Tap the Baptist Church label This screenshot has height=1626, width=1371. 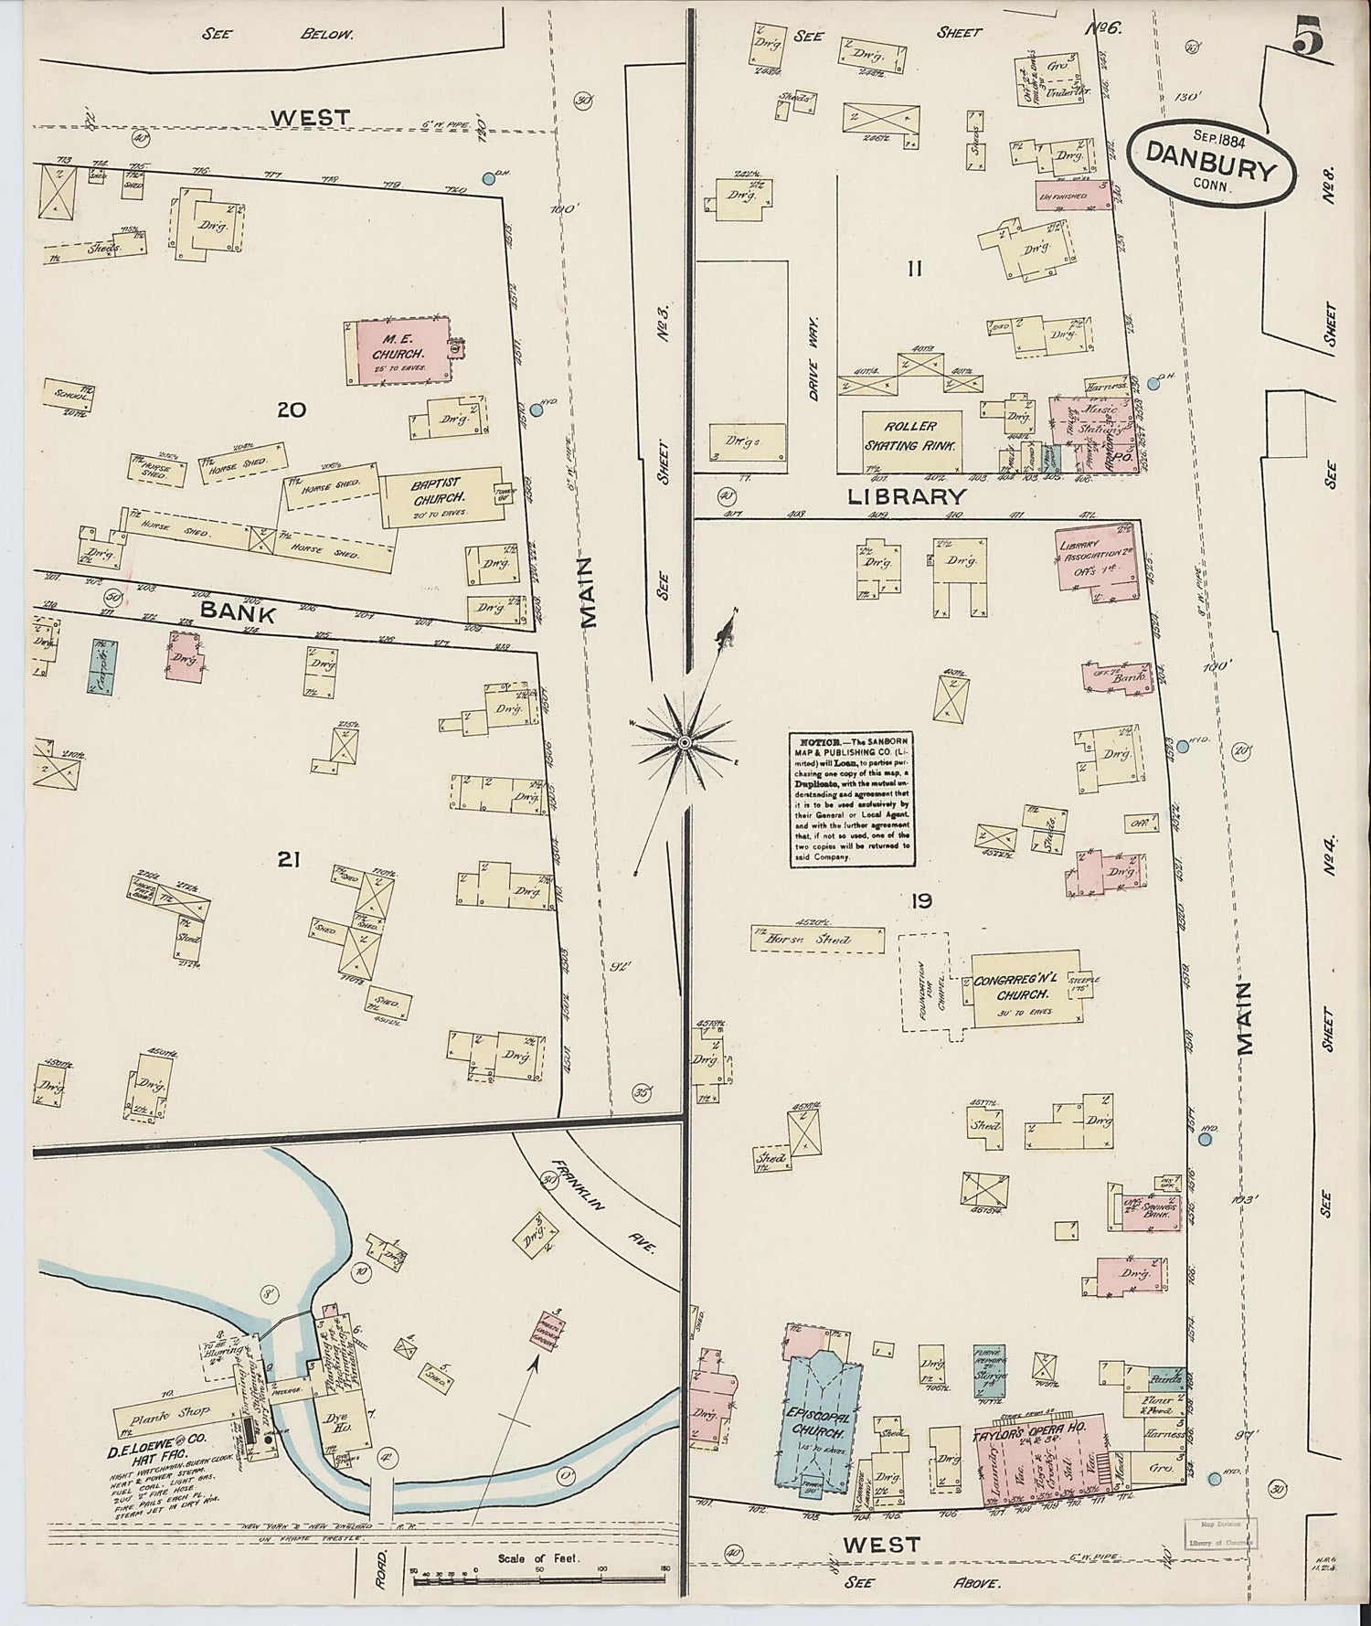point(437,490)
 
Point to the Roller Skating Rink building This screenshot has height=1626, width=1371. point(911,436)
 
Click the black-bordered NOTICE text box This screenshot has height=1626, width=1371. point(852,797)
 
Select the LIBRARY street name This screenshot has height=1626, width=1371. point(906,496)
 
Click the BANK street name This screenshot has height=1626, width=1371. point(238,613)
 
